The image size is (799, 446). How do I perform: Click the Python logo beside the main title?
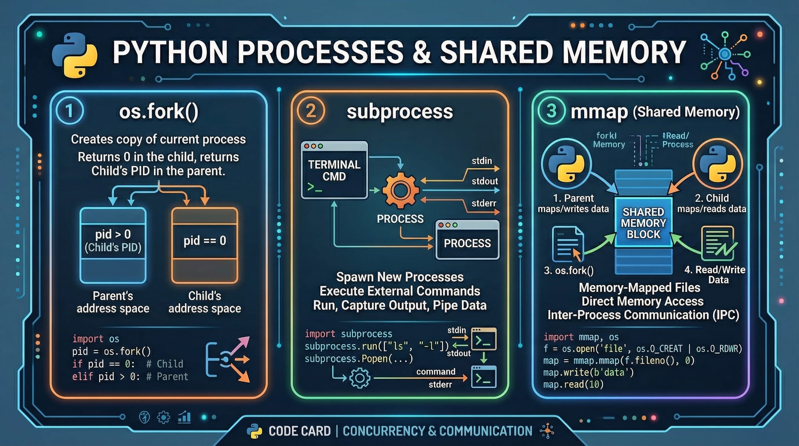(75, 55)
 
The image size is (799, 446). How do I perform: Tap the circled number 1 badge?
(70, 111)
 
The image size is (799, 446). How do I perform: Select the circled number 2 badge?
(310, 111)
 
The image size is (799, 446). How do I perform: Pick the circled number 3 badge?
(551, 111)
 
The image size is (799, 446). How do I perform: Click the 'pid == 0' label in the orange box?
(205, 241)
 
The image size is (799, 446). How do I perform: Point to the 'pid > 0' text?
(113, 234)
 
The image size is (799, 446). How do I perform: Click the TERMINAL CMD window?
(334, 170)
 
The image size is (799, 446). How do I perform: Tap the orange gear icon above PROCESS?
(400, 190)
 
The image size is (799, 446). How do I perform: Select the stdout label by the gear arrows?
(485, 181)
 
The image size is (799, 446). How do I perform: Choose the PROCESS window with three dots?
(467, 240)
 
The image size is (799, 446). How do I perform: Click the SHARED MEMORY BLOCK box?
(643, 223)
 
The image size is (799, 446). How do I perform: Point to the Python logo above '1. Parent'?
(566, 164)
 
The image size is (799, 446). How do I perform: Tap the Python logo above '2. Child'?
(718, 164)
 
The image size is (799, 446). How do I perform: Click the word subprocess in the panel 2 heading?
(399, 111)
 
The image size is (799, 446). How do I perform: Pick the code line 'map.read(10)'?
(573, 384)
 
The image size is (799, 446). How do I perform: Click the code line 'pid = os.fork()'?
(111, 352)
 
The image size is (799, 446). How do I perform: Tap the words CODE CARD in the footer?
(300, 431)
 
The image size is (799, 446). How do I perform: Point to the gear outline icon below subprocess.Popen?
(360, 378)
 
